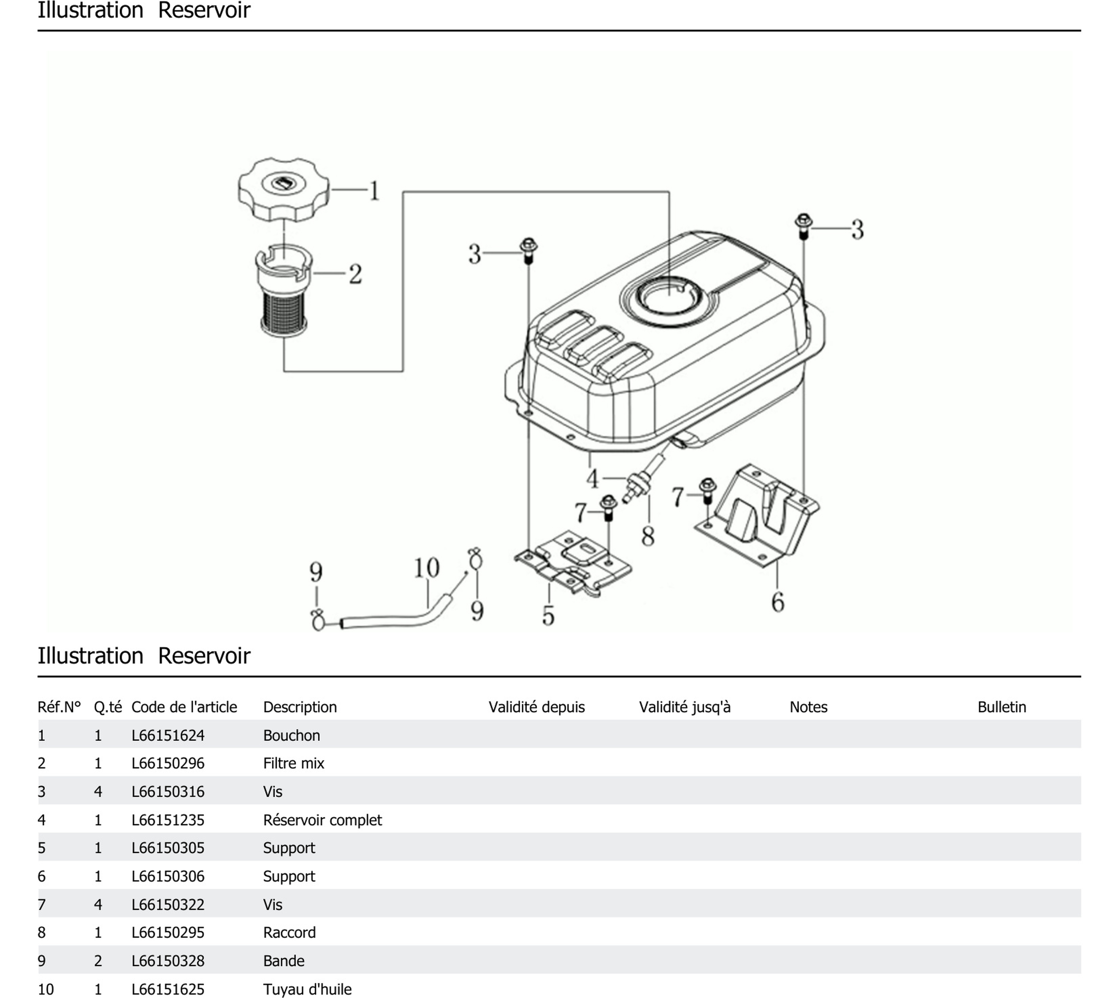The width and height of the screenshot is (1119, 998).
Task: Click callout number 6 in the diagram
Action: point(777,602)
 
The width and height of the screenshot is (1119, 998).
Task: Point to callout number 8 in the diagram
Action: point(648,536)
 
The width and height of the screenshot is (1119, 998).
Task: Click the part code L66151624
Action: point(168,735)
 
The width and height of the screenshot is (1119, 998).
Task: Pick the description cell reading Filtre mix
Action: point(293,763)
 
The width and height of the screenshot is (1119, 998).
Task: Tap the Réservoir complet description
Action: point(322,820)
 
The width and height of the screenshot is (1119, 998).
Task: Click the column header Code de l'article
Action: point(184,707)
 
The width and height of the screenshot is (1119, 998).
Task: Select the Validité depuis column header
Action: point(536,707)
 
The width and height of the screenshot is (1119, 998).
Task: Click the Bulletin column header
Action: point(1001,707)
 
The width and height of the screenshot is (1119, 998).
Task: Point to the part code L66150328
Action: point(168,961)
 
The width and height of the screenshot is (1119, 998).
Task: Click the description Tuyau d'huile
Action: point(307,989)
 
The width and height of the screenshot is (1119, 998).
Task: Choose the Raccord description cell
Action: point(289,932)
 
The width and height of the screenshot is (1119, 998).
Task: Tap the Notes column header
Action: point(808,707)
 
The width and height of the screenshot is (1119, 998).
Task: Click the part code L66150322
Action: point(168,904)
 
